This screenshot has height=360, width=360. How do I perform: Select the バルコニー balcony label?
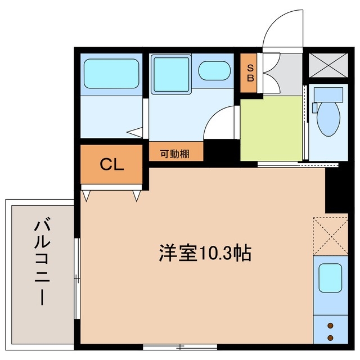click(40, 262)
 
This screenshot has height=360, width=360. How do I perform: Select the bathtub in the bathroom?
click(111, 73)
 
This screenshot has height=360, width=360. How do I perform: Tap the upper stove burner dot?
click(330, 326)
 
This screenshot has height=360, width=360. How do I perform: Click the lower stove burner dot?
click(330, 337)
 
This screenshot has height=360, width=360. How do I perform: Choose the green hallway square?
click(272, 128)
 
